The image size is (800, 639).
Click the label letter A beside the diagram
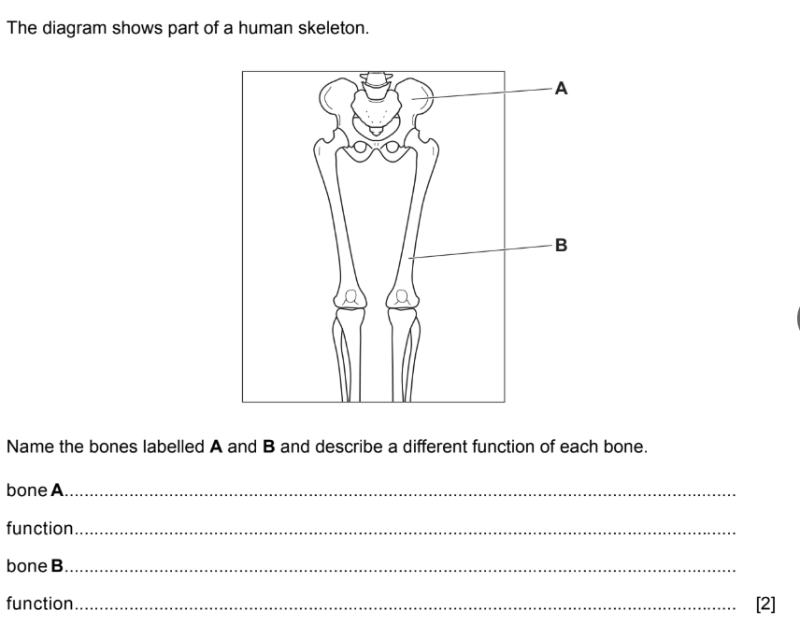coord(561,89)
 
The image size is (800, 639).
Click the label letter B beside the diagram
coord(561,246)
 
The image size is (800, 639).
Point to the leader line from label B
coord(481,250)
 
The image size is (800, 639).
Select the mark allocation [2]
coord(765,604)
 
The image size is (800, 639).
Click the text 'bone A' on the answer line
coord(35,490)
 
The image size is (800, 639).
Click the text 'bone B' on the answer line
coord(35,566)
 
